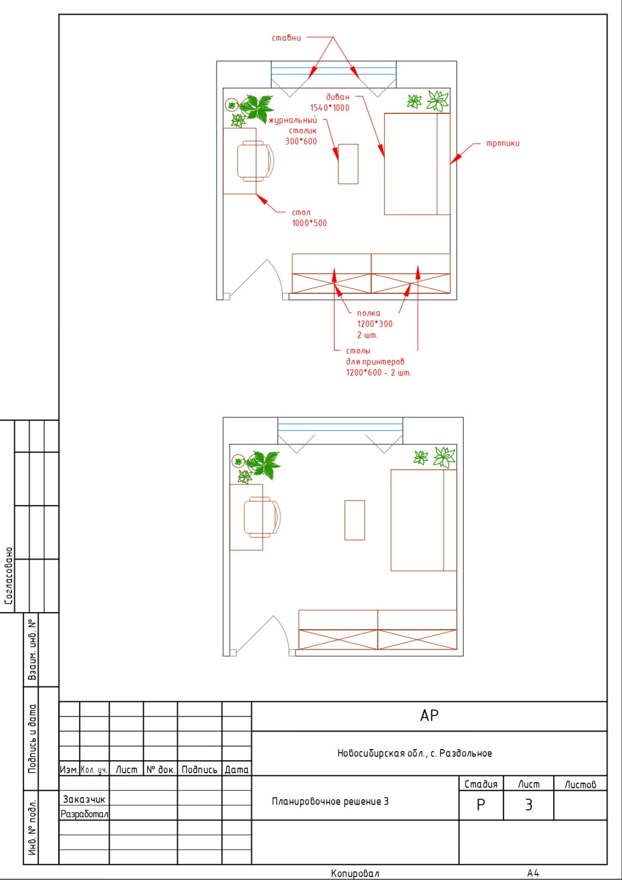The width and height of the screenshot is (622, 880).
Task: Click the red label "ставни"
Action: pyautogui.click(x=286, y=38)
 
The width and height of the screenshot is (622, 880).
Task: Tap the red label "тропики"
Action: pyautogui.click(x=503, y=144)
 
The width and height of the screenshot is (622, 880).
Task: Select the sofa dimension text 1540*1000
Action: pyautogui.click(x=330, y=108)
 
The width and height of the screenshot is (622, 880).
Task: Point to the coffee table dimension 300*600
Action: pyautogui.click(x=301, y=141)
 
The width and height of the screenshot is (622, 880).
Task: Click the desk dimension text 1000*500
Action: pyautogui.click(x=309, y=223)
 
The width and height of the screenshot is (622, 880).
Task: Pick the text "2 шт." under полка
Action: pyautogui.click(x=367, y=335)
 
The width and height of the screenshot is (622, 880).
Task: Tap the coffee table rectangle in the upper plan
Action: pyautogui.click(x=348, y=164)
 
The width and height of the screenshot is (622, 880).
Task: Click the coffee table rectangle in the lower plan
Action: pyautogui.click(x=354, y=520)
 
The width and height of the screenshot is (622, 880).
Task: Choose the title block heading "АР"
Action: pyautogui.click(x=429, y=716)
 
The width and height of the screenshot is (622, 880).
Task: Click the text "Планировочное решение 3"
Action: pyautogui.click(x=330, y=801)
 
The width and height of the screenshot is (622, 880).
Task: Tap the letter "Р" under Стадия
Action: pyautogui.click(x=481, y=805)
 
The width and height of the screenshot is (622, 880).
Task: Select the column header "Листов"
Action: pyautogui.click(x=580, y=784)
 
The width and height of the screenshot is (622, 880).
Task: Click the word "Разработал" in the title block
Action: pyautogui.click(x=84, y=814)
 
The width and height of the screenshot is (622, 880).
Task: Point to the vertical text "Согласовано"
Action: pyautogui.click(x=8, y=576)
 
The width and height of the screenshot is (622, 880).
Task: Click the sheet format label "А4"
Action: pyautogui.click(x=533, y=873)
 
